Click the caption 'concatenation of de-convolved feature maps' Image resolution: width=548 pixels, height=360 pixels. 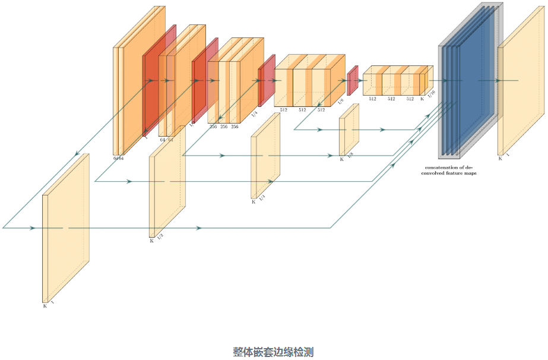click(x=451, y=170)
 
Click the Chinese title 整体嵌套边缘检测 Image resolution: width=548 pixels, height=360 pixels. click(x=273, y=352)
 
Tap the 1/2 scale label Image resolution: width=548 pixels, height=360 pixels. click(x=160, y=236)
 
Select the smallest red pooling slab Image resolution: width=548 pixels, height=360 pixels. click(x=352, y=80)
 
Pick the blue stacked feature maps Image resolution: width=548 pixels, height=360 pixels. click(x=469, y=80)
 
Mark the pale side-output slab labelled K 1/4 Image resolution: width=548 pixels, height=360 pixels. click(x=265, y=156)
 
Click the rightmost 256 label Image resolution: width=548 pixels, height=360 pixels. click(x=235, y=127)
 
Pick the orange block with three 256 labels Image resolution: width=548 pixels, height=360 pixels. click(x=235, y=80)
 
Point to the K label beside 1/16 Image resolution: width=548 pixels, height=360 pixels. click(x=422, y=99)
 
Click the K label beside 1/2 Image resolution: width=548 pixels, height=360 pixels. click(x=151, y=241)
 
